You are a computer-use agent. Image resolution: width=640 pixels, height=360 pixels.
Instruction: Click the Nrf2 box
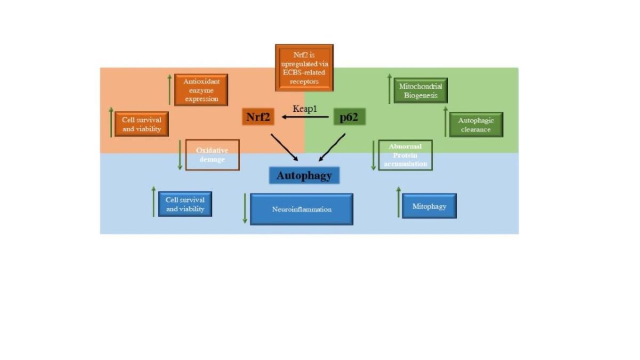[x=258, y=117]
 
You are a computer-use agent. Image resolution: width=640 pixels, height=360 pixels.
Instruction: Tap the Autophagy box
[x=304, y=175]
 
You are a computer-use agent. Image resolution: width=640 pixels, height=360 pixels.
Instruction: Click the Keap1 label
[x=305, y=109]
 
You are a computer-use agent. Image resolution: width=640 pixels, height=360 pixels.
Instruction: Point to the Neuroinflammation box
[x=301, y=209]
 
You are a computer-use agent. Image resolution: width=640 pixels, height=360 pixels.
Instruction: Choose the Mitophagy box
[x=429, y=206]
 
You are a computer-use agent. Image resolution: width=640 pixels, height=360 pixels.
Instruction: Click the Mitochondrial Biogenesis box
[x=420, y=91]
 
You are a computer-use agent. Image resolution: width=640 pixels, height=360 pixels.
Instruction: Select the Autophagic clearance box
[x=476, y=125]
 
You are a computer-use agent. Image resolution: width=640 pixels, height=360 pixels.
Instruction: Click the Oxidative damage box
[x=212, y=155]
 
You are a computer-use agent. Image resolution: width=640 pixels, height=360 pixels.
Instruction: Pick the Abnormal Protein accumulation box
[x=405, y=155]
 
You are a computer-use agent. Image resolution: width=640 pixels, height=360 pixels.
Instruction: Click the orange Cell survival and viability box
[x=141, y=124]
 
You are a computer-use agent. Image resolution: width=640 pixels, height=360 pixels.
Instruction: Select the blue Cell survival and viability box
[x=185, y=204]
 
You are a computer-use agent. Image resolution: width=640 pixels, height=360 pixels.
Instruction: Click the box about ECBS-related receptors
[x=304, y=68]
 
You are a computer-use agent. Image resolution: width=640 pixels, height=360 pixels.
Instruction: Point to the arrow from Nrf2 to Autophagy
[x=284, y=147]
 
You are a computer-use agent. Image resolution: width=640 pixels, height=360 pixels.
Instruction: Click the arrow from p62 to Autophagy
[x=332, y=147]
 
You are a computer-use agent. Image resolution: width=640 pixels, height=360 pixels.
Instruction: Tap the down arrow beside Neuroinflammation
[x=245, y=209]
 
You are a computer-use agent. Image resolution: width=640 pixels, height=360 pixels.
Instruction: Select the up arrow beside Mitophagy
[x=398, y=202]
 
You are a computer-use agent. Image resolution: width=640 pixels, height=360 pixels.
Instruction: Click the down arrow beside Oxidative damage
[x=180, y=155]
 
